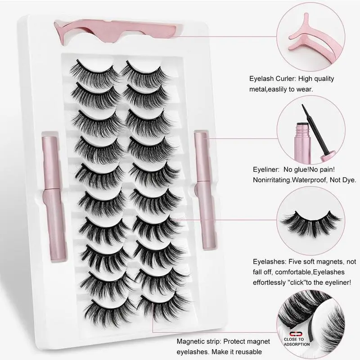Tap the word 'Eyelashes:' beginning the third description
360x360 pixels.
[268, 261]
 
